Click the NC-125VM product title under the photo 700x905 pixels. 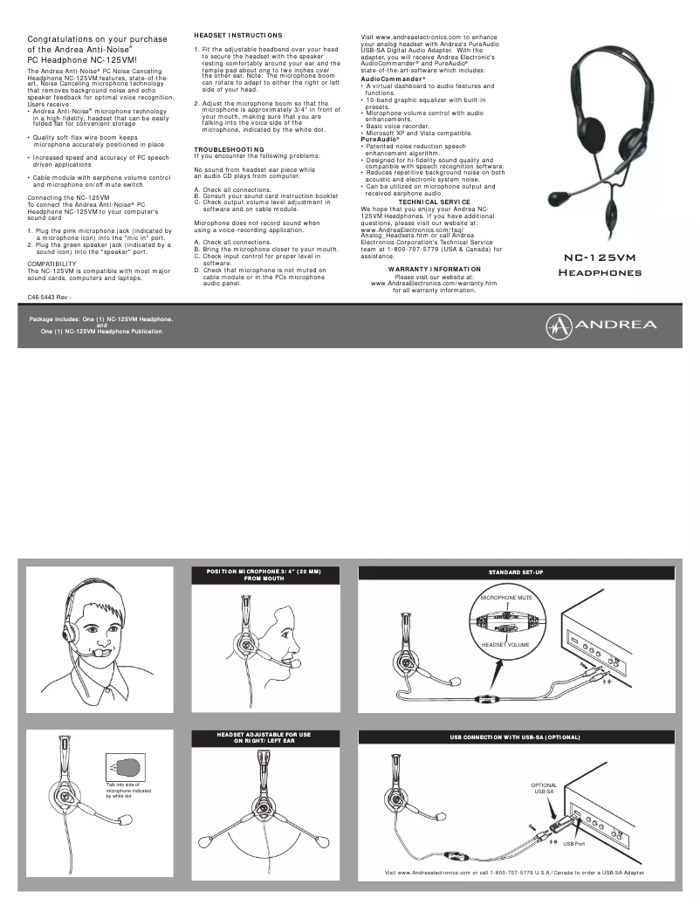(600, 259)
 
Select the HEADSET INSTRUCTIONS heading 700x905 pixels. (237, 34)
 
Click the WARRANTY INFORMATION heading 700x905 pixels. (434, 269)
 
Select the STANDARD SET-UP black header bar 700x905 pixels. (515, 572)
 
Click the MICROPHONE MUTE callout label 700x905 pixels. (506, 598)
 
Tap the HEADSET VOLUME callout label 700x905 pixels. (506, 644)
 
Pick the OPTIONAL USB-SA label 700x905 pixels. (544, 788)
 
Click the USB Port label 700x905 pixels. (573, 843)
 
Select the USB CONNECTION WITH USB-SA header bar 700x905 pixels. (515, 737)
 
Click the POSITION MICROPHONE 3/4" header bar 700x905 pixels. (264, 575)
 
